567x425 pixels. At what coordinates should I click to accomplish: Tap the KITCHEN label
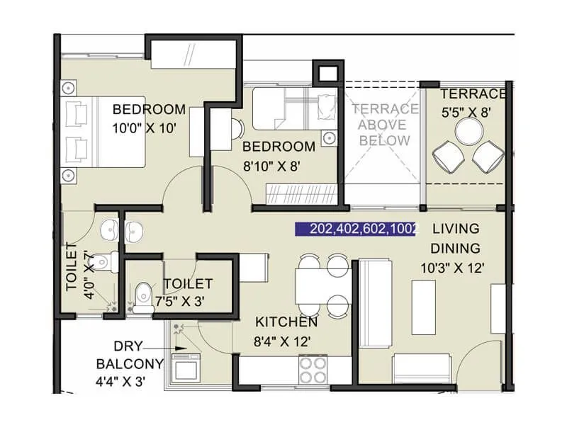point(286,322)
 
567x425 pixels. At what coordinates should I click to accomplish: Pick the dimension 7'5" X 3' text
point(180,301)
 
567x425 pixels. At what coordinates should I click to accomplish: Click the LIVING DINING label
point(456,239)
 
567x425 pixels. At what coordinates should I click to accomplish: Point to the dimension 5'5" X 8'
point(466,112)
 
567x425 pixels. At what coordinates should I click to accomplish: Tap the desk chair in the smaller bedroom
point(236,129)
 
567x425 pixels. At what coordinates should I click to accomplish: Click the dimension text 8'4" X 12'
point(283,341)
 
